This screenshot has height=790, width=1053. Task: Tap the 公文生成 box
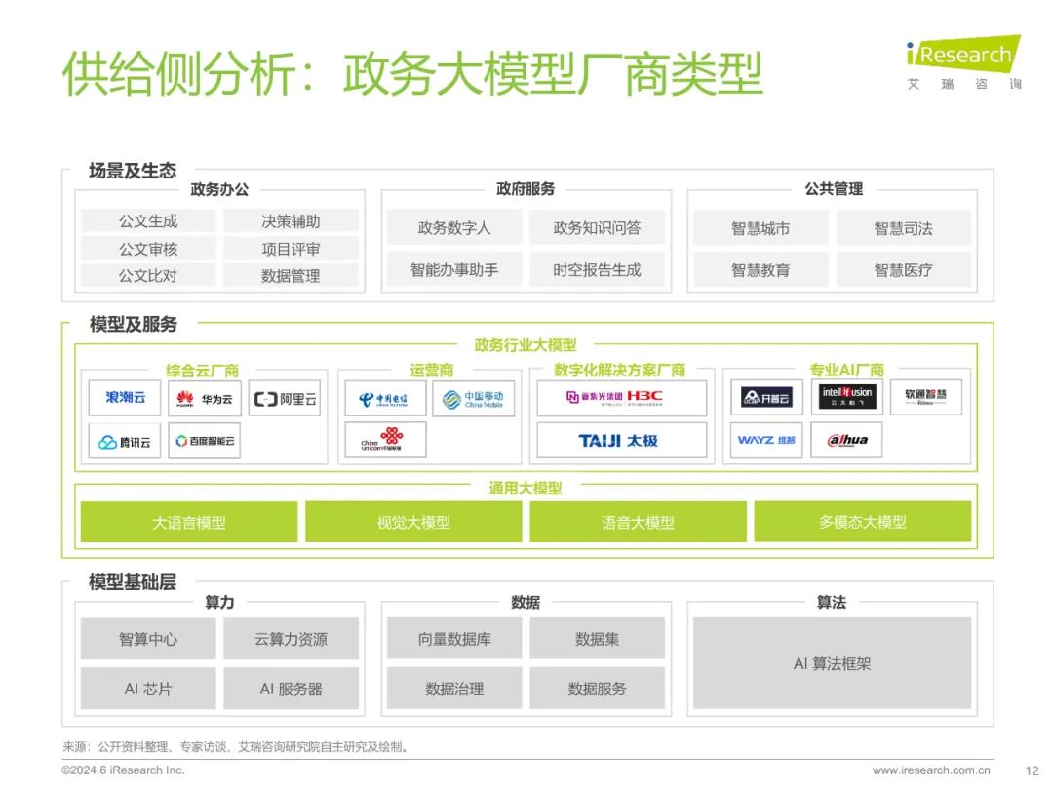click(148, 221)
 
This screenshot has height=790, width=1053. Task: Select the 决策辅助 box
click(291, 221)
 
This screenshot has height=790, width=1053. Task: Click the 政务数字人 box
click(454, 228)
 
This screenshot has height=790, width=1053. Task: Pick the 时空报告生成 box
click(597, 270)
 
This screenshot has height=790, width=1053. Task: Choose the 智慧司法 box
click(903, 228)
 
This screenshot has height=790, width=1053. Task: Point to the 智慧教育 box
click(760, 270)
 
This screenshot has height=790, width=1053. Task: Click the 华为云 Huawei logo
click(205, 399)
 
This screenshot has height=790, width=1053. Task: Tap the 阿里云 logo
click(285, 399)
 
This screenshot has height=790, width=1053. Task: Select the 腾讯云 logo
click(125, 442)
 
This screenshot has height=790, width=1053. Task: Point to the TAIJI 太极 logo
click(621, 441)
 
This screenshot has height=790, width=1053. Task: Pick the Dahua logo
click(846, 441)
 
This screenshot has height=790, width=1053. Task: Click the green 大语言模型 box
click(189, 523)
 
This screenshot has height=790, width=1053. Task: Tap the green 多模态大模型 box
click(862, 523)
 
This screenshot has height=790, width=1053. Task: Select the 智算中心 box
click(148, 640)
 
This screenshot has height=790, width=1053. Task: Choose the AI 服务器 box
click(291, 689)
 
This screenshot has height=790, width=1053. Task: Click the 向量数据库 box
click(454, 640)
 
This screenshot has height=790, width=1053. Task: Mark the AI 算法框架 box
click(832, 664)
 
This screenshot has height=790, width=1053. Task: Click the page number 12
click(1033, 770)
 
